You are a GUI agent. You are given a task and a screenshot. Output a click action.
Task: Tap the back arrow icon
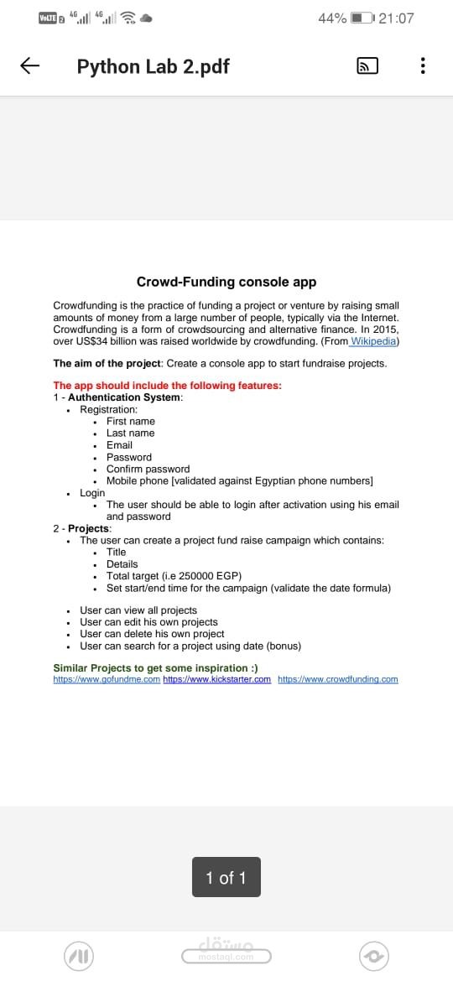[30, 66]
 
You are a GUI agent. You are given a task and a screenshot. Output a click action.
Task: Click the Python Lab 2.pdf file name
[153, 66]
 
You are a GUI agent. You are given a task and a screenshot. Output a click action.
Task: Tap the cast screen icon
[367, 66]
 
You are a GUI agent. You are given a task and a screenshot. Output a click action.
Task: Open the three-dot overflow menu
[423, 66]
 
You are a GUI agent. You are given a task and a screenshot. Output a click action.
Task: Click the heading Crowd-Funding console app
[226, 283]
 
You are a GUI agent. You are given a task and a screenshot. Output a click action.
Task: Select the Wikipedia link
[374, 341]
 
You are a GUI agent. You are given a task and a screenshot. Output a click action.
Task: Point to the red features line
[167, 386]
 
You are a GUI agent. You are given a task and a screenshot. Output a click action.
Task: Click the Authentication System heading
[124, 397]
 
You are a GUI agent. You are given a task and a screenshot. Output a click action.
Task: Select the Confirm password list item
[148, 469]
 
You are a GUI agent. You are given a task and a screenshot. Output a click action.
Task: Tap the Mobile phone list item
[239, 480]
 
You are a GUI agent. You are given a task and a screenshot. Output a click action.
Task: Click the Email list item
[119, 445]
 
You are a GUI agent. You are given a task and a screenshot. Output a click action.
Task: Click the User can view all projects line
[138, 610]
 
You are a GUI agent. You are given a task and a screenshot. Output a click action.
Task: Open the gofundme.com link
[107, 679]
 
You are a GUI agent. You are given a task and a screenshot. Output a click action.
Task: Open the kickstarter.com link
[216, 679]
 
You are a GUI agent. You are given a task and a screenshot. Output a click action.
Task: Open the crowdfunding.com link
[337, 679]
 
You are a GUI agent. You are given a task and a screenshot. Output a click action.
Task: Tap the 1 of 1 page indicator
[226, 878]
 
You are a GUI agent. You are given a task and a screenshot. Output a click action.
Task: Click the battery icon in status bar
[362, 18]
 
